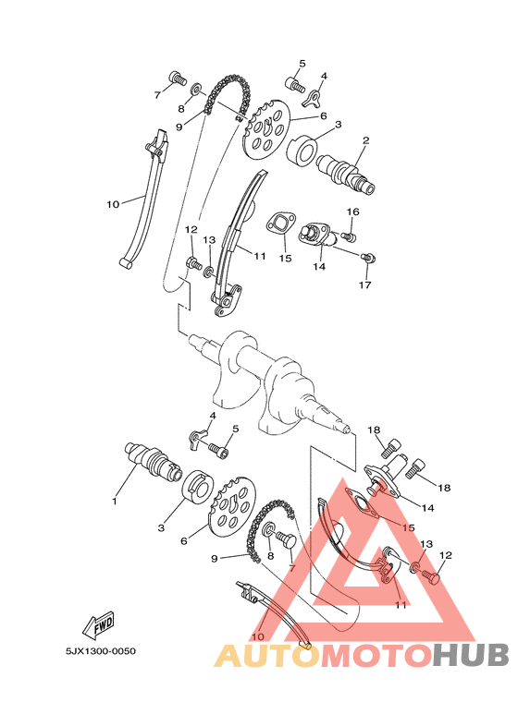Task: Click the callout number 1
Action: click(x=115, y=502)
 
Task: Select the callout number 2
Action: click(x=365, y=141)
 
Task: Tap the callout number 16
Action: click(x=352, y=212)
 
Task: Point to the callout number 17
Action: click(x=364, y=285)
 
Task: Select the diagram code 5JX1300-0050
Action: click(x=100, y=651)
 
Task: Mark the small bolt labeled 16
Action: click(x=350, y=236)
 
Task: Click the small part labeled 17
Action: click(x=368, y=257)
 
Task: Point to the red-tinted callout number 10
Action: click(x=258, y=636)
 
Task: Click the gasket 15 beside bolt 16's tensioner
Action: click(x=280, y=226)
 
